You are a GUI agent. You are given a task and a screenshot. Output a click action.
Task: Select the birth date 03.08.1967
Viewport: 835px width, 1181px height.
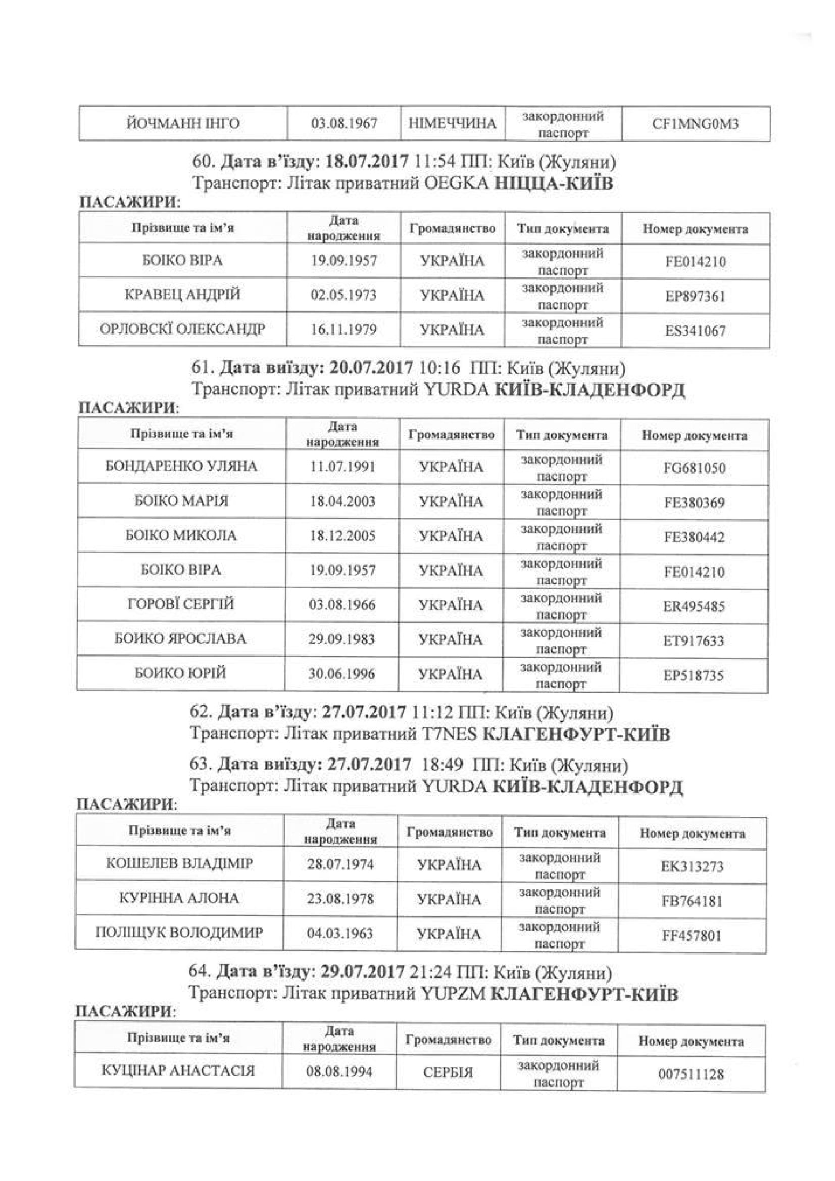tap(343, 123)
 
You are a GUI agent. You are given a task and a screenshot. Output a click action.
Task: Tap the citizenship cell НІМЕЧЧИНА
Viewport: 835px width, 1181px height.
tap(453, 123)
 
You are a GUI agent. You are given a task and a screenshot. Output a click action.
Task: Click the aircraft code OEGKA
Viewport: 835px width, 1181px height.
tap(457, 184)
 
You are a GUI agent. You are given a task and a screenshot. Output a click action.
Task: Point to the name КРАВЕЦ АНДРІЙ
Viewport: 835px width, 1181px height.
tap(183, 295)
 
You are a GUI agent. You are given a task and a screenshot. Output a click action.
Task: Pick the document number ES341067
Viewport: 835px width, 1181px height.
tap(695, 330)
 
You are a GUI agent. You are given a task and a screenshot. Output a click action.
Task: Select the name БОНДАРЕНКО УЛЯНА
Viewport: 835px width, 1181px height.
tap(182, 467)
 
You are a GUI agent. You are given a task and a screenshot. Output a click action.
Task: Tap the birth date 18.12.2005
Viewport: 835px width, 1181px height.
tap(342, 535)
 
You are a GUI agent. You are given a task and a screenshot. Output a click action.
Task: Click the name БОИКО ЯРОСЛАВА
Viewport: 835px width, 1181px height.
tap(180, 639)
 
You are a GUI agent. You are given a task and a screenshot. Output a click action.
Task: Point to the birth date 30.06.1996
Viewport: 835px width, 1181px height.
tap(341, 674)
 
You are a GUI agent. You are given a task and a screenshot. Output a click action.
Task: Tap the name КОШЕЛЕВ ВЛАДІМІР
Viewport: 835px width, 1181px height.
tap(179, 863)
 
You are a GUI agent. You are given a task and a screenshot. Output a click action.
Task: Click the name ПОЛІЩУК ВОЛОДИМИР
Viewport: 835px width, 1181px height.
tap(179, 933)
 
